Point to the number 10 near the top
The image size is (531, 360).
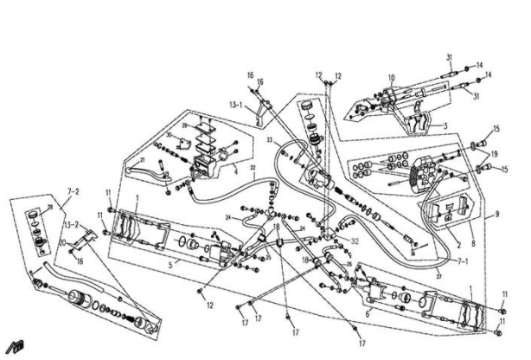(x=391, y=78)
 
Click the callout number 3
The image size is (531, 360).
(x=445, y=126)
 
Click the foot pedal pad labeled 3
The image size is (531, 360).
(x=420, y=121)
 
